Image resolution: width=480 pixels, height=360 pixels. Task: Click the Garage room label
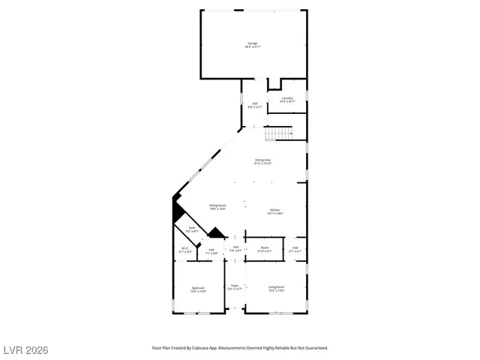tap(253, 43)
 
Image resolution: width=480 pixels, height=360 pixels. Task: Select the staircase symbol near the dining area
tap(280, 133)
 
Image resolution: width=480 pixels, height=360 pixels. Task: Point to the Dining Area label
tap(262, 160)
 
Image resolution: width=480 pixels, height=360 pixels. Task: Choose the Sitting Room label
tap(196, 205)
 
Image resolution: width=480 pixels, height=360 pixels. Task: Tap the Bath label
tap(192, 228)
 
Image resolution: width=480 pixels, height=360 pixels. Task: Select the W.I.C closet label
tap(184, 248)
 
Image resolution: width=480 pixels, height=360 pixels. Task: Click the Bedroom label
tap(198, 288)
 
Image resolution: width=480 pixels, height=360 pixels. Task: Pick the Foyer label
tap(235, 285)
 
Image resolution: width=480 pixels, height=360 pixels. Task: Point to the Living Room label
tap(277, 286)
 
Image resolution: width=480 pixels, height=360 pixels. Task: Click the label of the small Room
tap(265, 247)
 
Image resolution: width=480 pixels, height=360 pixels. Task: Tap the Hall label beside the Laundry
tap(255, 103)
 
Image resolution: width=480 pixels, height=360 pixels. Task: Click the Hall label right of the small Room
tap(295, 247)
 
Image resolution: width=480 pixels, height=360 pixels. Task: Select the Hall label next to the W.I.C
tap(211, 250)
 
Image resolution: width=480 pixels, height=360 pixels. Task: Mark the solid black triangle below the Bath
tap(216, 234)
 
